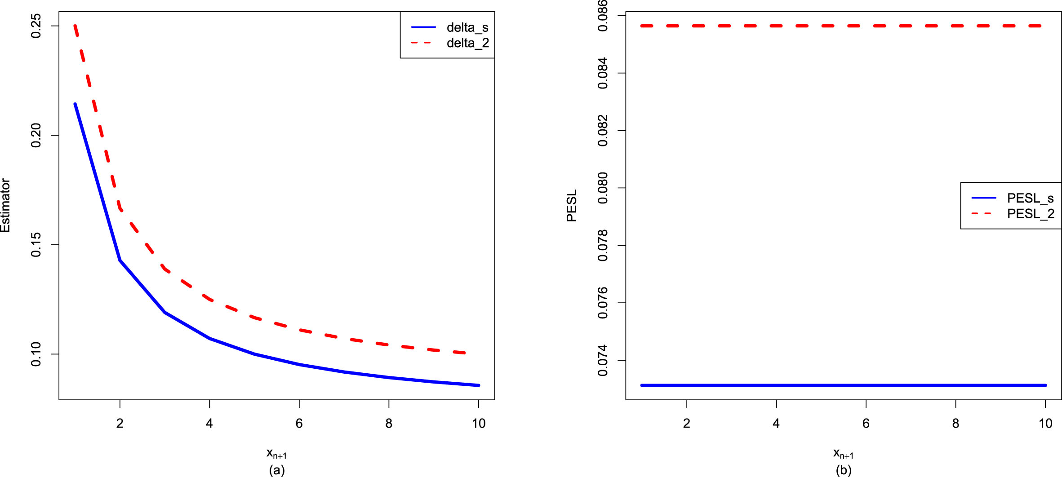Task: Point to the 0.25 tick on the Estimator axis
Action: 36,26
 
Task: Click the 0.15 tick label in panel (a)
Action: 36,245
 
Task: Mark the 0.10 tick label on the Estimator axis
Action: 36,354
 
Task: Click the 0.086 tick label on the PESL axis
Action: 603,16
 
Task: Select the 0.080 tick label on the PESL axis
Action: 603,188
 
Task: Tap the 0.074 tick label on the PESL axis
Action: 603,360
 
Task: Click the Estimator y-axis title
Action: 5,205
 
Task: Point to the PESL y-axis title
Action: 572,205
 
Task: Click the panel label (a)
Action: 277,470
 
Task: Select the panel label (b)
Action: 844,470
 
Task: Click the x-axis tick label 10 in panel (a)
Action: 479,424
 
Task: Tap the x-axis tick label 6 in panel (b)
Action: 866,424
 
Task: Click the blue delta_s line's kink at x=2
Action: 120,261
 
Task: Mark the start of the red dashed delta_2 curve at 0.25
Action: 76,26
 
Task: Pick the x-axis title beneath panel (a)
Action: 276,453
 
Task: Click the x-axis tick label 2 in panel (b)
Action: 687,424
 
